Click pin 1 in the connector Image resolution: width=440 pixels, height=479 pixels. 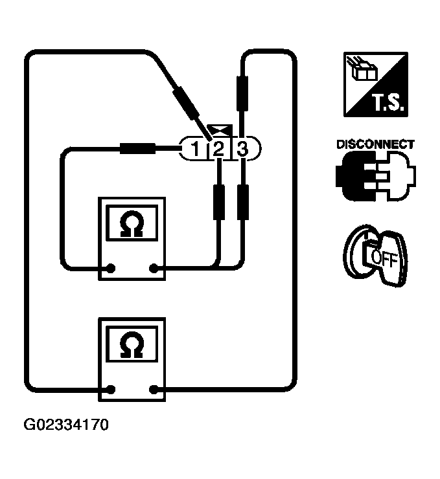tap(194, 150)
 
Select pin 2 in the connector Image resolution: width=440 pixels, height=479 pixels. tap(218, 150)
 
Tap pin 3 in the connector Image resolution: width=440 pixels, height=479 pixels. tap(242, 150)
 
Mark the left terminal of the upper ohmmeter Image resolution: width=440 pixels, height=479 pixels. tap(111, 267)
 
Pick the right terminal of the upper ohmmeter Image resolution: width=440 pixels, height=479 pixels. tap(154, 267)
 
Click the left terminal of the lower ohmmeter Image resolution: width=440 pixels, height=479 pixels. tap(111, 390)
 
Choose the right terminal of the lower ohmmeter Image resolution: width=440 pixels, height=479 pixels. tap(154, 390)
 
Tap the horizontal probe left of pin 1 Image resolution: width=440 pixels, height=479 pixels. tap(137, 150)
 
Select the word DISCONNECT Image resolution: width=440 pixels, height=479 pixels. tap(375, 144)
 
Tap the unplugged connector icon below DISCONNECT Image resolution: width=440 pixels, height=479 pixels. tap(375, 177)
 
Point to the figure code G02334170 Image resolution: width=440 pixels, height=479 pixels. tap(66, 426)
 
